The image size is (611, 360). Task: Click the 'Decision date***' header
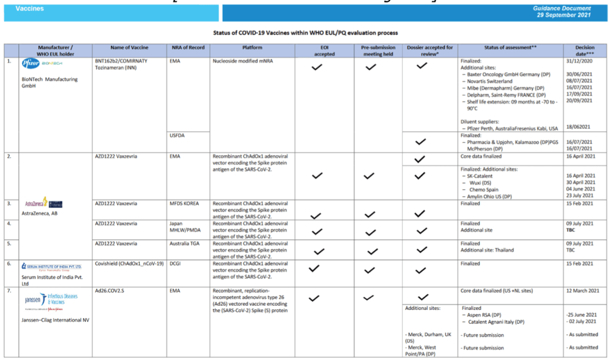point(585,50)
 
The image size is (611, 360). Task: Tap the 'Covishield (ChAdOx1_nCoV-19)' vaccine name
point(129,263)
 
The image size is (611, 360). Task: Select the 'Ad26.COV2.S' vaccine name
point(110,291)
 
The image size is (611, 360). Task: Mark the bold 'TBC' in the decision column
point(570,230)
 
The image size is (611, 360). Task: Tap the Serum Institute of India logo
point(51,267)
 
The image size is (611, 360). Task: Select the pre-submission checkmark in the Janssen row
point(370,297)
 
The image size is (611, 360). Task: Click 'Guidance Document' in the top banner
point(563,8)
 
